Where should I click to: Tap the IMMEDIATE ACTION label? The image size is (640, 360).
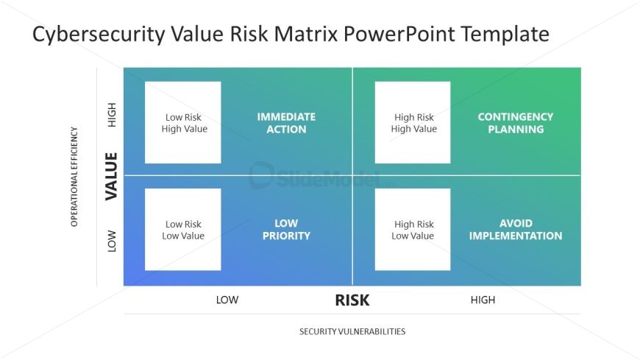[286, 123]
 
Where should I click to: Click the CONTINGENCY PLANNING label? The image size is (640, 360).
[515, 123]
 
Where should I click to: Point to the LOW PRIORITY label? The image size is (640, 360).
[286, 230]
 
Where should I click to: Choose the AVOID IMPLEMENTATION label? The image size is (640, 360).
[515, 230]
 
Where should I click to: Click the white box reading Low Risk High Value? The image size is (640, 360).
[183, 122]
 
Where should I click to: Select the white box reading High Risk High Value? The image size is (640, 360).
[413, 122]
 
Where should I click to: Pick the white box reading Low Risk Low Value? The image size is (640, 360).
[183, 230]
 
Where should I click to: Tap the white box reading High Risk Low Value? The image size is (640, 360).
[413, 230]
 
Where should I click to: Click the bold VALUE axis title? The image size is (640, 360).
[112, 176]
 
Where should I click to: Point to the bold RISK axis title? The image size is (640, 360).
[352, 300]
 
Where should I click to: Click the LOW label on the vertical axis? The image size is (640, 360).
[113, 241]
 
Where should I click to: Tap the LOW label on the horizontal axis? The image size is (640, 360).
[227, 300]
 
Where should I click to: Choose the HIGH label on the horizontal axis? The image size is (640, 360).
[483, 300]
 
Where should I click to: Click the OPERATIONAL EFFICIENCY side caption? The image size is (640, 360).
[74, 177]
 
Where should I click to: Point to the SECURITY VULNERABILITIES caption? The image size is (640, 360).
[352, 331]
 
